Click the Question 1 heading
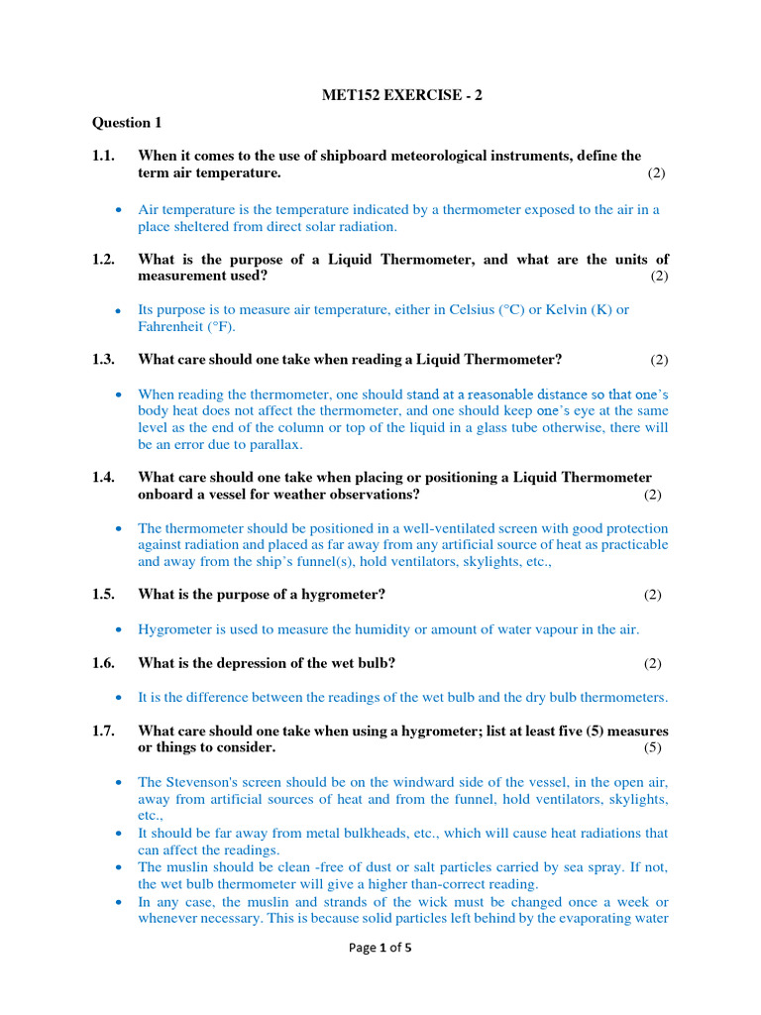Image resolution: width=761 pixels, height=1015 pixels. tap(126, 123)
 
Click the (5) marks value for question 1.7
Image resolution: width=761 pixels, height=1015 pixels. tap(653, 747)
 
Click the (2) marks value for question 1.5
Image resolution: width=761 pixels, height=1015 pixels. tap(652, 595)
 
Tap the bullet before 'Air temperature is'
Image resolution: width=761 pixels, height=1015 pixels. tap(118, 210)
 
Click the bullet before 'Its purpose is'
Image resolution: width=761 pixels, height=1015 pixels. tap(118, 310)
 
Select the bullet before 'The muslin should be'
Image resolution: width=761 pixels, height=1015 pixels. tap(118, 867)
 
